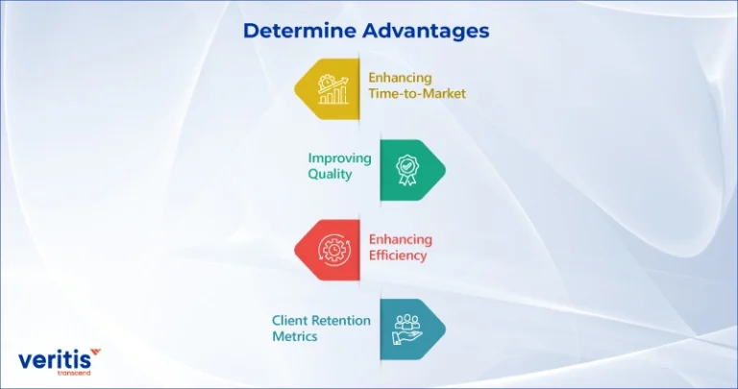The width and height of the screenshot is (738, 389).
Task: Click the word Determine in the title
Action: coord(300,31)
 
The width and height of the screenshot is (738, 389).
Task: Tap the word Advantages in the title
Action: coord(426,31)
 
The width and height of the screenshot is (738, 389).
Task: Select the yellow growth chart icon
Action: coord(333,89)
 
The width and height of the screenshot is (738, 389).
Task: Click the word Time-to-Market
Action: coord(417,93)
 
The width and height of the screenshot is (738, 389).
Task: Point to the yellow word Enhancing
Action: coord(400,78)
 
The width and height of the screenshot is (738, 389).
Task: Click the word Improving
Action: coord(340,159)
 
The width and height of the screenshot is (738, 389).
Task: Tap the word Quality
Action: coord(330,175)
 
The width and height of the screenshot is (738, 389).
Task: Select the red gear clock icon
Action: coord(332,250)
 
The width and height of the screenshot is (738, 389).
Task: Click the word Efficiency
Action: coord(398,255)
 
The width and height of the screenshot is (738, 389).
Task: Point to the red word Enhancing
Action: coord(401,240)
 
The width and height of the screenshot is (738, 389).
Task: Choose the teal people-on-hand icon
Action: coord(407,329)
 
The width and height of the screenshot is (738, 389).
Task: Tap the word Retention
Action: coord(342,321)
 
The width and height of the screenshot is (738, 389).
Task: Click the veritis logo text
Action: coord(54,360)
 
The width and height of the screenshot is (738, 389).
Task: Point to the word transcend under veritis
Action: coord(73,373)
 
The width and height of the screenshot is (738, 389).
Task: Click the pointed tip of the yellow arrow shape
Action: coord(295,89)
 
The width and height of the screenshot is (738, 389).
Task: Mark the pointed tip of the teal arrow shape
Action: coord(445,329)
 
